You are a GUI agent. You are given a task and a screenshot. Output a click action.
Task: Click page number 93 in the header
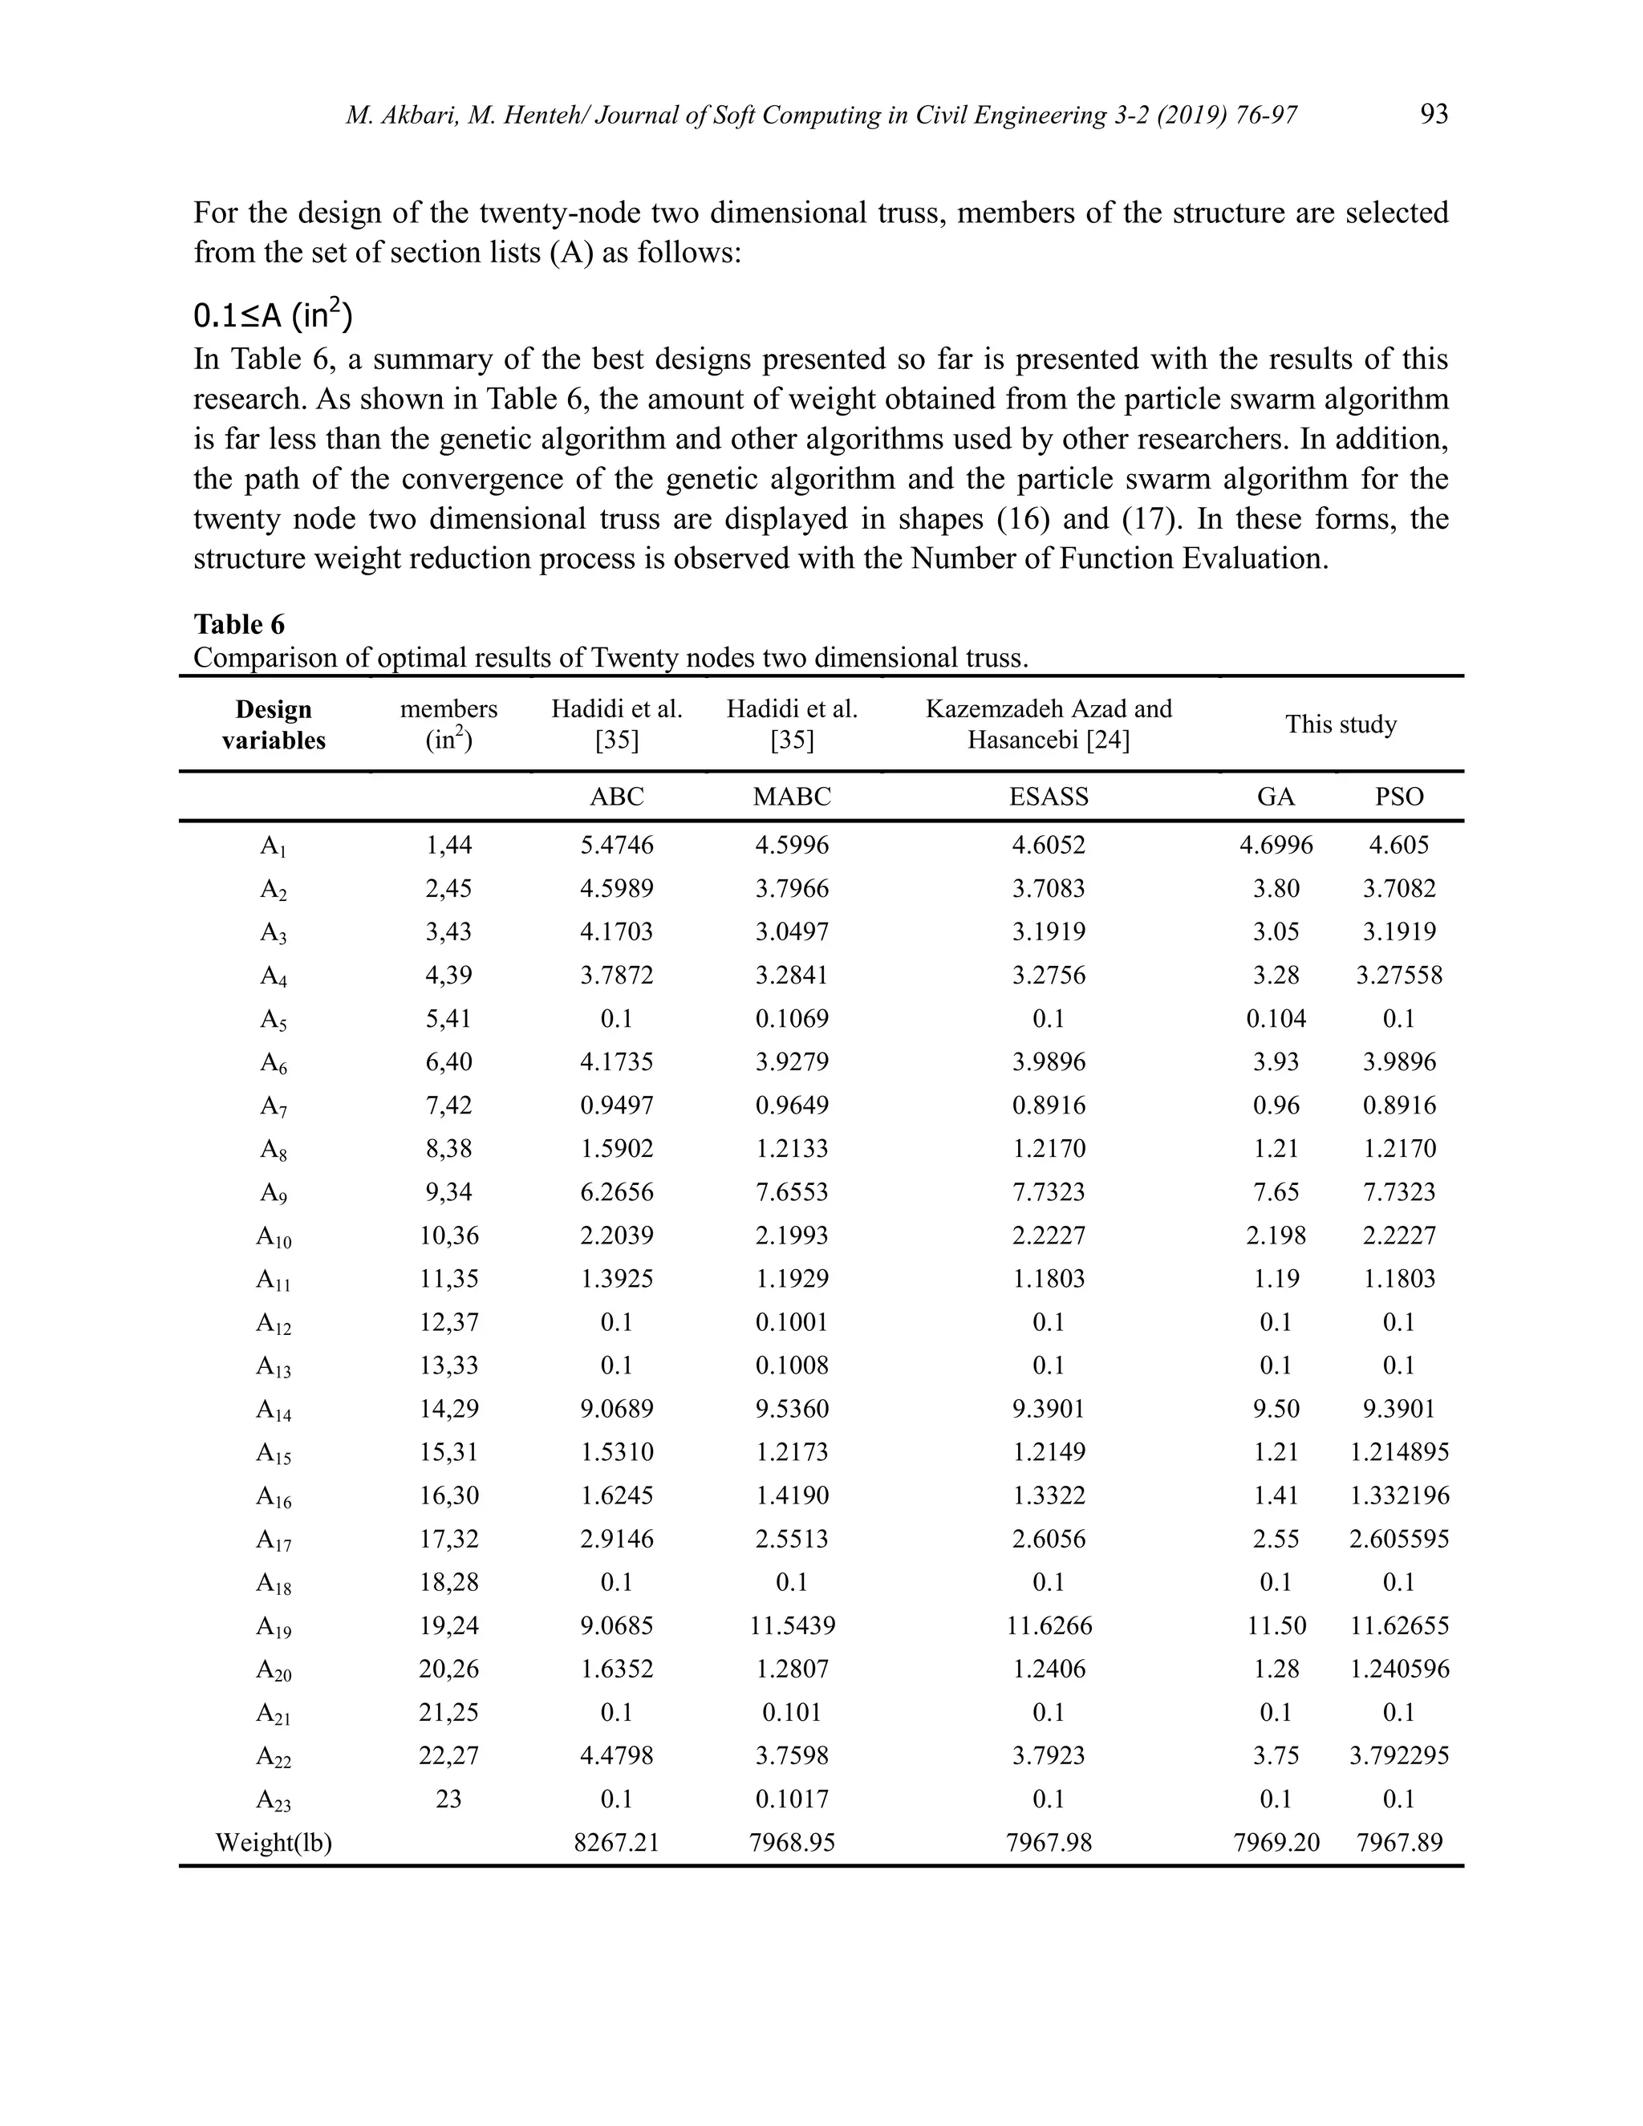pyautogui.click(x=1434, y=115)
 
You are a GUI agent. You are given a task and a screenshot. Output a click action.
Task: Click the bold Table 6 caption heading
pyautogui.click(x=238, y=624)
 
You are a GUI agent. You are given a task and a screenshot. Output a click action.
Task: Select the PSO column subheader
pyautogui.click(x=1398, y=797)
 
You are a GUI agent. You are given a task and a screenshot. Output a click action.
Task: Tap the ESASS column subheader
pyautogui.click(x=1049, y=797)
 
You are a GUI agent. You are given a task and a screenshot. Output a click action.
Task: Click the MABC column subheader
pyautogui.click(x=791, y=797)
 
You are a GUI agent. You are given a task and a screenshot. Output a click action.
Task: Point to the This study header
pyautogui.click(x=1341, y=724)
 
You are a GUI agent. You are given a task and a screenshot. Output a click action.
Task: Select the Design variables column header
pyautogui.click(x=274, y=724)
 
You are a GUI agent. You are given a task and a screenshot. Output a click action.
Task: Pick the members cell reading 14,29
pyautogui.click(x=448, y=1409)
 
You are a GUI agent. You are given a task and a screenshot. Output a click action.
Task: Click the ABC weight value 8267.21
pyautogui.click(x=617, y=1842)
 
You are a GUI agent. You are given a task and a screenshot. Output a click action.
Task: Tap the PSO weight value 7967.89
pyautogui.click(x=1398, y=1842)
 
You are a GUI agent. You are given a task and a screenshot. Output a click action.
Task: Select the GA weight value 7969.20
pyautogui.click(x=1276, y=1842)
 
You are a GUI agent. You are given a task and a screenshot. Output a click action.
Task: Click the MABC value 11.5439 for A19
pyautogui.click(x=791, y=1625)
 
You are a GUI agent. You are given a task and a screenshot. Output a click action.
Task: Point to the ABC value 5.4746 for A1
pyautogui.click(x=617, y=844)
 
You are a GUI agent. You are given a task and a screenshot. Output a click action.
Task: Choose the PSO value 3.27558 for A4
pyautogui.click(x=1398, y=975)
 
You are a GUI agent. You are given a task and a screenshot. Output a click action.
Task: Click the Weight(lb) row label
pyautogui.click(x=274, y=1842)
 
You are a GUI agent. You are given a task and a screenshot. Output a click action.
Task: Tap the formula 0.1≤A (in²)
pyautogui.click(x=273, y=315)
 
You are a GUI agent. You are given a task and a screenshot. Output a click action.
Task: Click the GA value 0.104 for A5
pyautogui.click(x=1276, y=1018)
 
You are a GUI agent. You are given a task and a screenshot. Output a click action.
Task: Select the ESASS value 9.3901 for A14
pyautogui.click(x=1049, y=1409)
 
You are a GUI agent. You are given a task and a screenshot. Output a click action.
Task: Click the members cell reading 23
pyautogui.click(x=448, y=1799)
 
